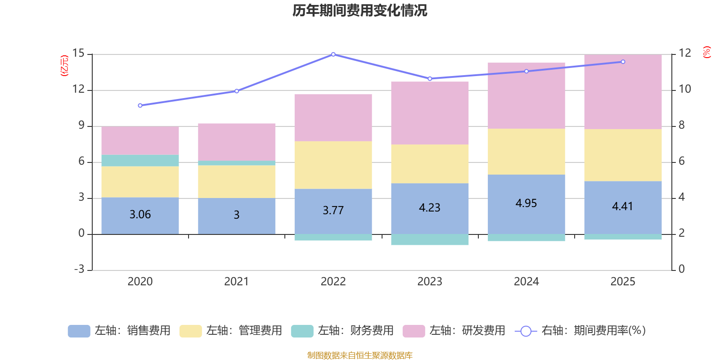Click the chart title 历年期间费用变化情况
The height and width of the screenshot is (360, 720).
point(360,10)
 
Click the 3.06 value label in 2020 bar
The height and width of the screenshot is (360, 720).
point(140,215)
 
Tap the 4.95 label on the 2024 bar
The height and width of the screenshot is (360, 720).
point(526,203)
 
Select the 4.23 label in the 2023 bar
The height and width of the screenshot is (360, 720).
point(429,208)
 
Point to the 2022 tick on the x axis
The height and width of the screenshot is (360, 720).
point(333,281)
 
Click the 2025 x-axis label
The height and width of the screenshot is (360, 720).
point(623,281)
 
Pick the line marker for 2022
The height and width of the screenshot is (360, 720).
point(333,54)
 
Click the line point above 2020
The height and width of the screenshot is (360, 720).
point(140,105)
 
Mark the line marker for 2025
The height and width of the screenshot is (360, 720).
point(623,62)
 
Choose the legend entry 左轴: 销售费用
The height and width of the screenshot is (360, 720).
point(119,331)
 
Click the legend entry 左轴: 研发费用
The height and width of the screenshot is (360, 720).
point(454,331)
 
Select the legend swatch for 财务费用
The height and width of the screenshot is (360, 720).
point(302,331)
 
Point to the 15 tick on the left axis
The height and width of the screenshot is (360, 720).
point(78,54)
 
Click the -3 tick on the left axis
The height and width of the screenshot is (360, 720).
point(79,269)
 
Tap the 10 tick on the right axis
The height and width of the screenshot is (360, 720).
point(685,89)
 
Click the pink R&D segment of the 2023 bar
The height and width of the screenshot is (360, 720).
point(430,112)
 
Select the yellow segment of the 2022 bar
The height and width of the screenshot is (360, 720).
point(333,165)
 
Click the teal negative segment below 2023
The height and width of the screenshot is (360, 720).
point(430,239)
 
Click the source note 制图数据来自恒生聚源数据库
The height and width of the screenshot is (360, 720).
point(360,355)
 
